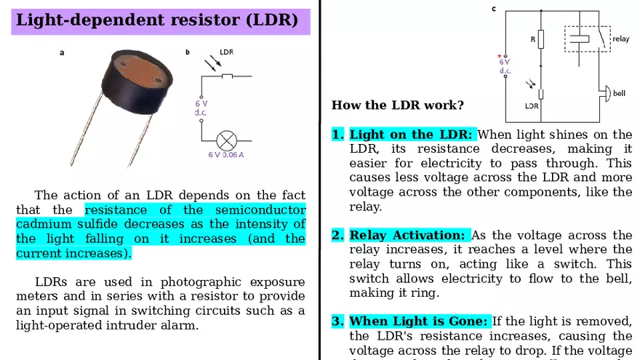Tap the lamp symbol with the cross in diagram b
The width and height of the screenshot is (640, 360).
228,139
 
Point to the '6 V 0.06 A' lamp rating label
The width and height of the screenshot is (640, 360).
226,155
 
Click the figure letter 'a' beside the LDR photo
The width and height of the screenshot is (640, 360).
62,52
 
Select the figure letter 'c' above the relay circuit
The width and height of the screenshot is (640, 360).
494,9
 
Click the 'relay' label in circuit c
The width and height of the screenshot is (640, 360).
620,39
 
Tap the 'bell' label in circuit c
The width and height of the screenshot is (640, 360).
619,93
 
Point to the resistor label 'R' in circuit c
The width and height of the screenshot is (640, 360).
532,39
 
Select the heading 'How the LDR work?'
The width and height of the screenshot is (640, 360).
397,105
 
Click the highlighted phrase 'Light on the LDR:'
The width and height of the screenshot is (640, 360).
411,135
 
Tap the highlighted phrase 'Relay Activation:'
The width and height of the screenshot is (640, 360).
407,236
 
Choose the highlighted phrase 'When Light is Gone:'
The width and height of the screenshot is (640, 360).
418,321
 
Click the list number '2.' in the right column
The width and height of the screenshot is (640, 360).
337,236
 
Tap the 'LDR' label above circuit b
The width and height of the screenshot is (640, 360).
226,52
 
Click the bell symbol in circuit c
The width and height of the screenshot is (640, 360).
604,93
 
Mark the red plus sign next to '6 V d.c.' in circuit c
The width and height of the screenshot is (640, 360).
499,56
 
